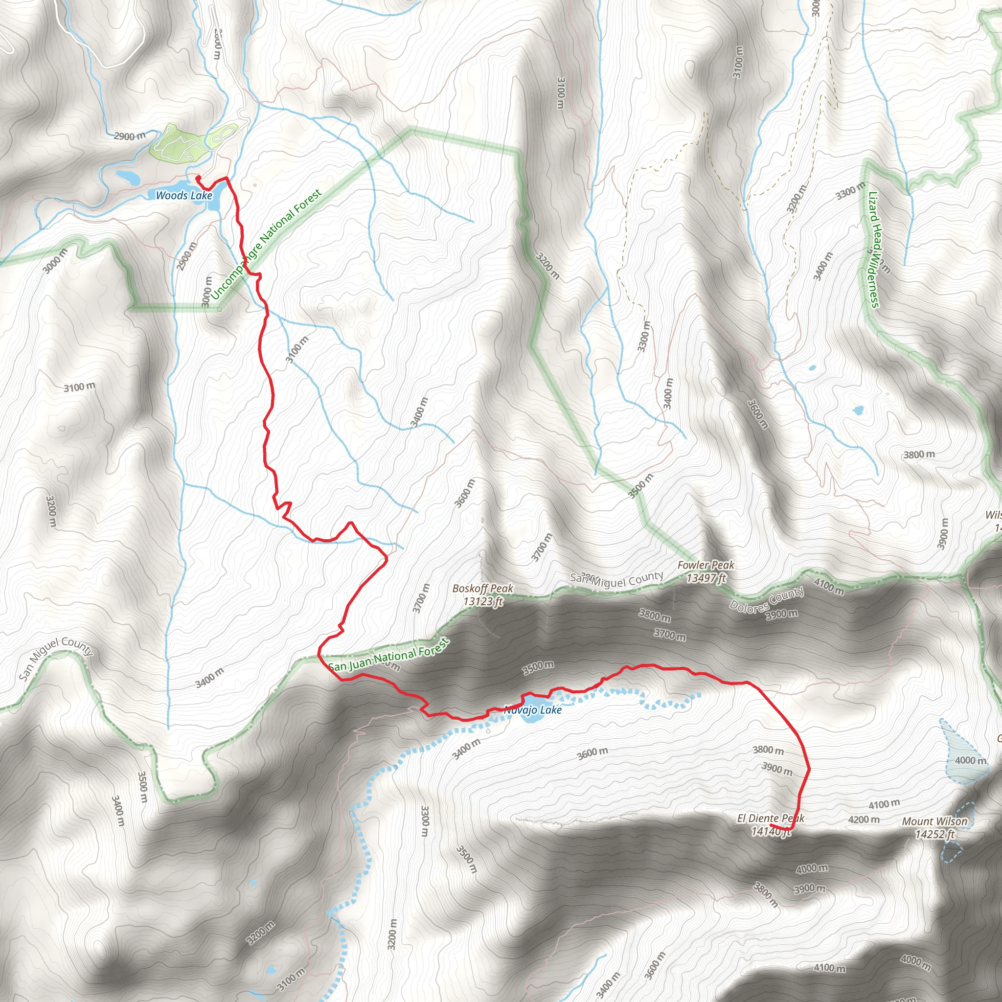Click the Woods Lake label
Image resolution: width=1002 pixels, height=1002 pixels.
click(x=184, y=196)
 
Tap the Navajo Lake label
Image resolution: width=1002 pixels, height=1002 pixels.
click(x=533, y=709)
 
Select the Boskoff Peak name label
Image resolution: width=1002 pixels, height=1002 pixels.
click(x=483, y=589)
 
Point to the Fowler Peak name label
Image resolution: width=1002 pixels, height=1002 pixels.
click(x=706, y=565)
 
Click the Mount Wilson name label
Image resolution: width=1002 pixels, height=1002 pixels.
click(x=934, y=821)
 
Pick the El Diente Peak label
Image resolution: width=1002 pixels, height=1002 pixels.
click(x=771, y=819)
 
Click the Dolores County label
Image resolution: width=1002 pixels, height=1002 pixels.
click(x=767, y=599)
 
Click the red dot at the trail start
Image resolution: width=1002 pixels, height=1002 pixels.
click(x=198, y=179)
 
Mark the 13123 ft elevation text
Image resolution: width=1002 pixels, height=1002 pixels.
click(x=483, y=602)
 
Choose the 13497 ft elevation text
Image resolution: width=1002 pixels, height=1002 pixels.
click(x=706, y=578)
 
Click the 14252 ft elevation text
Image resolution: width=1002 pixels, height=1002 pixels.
click(x=934, y=835)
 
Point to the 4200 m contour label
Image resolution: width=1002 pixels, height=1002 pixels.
click(x=864, y=820)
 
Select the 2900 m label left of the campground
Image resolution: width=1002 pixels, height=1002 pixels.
click(x=130, y=137)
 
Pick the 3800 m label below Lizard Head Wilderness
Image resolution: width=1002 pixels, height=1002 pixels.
click(x=919, y=455)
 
